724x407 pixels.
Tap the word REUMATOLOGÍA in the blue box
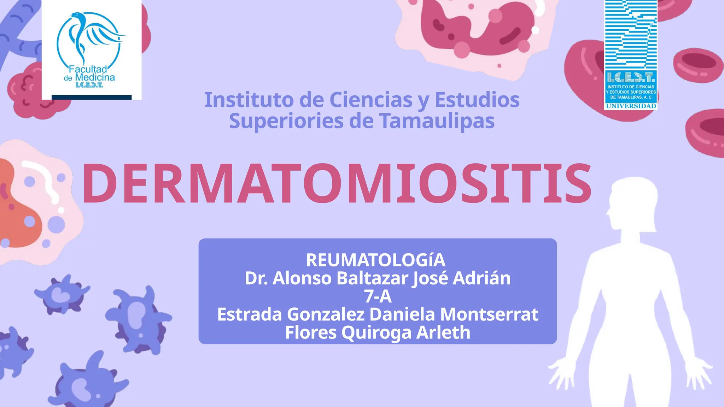click(375, 260)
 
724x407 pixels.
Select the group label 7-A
click(378, 296)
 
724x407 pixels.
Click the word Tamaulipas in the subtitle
click(437, 121)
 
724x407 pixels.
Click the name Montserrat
click(489, 314)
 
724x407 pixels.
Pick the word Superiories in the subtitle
click(286, 121)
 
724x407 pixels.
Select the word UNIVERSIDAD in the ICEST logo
click(631, 106)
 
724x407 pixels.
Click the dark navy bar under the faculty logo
click(92, 97)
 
